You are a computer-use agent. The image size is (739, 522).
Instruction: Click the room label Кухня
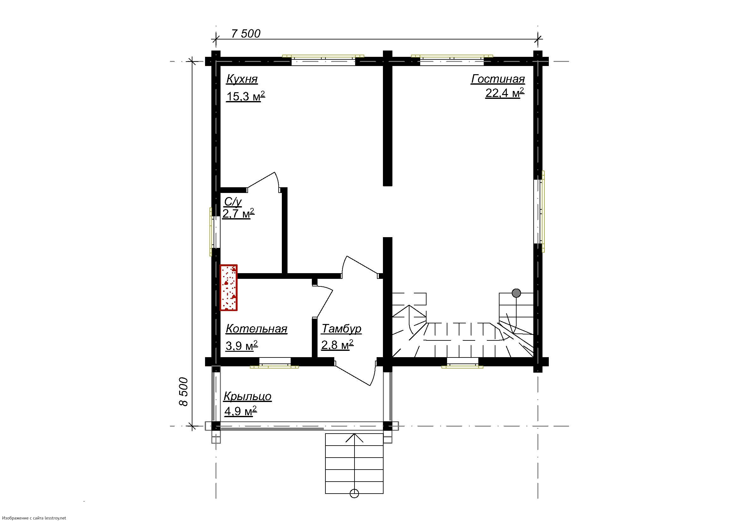tap(242, 79)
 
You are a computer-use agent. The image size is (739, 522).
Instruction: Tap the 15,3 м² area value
tap(245, 96)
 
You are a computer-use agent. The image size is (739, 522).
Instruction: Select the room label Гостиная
tap(498, 79)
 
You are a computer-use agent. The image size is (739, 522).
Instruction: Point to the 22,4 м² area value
tap(505, 93)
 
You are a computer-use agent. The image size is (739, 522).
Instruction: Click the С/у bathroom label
tap(233, 202)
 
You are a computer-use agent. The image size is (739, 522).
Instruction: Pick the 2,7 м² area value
tap(239, 213)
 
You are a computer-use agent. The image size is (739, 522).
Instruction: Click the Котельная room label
tap(257, 329)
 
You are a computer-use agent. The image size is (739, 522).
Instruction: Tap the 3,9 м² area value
tap(242, 346)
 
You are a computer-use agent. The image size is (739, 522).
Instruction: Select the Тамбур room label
tap(342, 329)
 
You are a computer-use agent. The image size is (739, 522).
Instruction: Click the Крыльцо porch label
tap(247, 396)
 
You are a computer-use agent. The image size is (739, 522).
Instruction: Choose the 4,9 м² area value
tap(240, 411)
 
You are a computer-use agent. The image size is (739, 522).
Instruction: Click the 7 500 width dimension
tap(246, 33)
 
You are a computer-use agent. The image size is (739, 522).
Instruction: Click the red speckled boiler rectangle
tap(228, 288)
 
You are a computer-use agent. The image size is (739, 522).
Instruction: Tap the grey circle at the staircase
tap(516, 293)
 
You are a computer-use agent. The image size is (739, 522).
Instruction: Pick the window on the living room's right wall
tap(539, 211)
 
